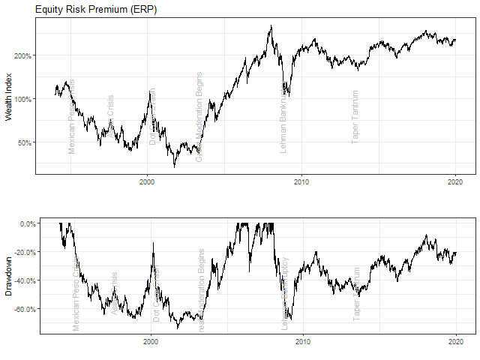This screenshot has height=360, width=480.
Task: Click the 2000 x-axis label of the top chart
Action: click(147, 181)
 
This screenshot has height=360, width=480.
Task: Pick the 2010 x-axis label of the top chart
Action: click(301, 181)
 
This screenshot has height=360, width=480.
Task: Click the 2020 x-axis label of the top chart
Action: click(456, 181)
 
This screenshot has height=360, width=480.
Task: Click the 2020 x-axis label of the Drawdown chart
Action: click(456, 342)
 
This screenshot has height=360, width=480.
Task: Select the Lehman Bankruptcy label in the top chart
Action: click(283, 116)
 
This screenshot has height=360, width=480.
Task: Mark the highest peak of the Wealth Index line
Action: click(271, 26)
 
